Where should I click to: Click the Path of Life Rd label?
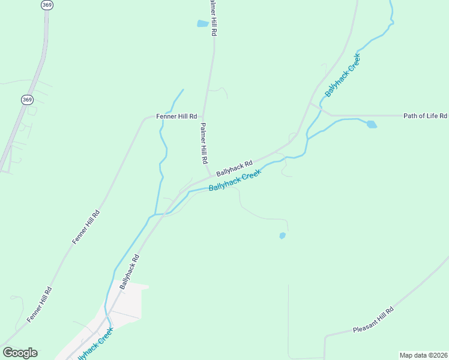pyautogui.click(x=425, y=115)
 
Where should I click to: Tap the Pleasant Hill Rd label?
pyautogui.click(x=373, y=321)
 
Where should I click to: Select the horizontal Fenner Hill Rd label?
pyautogui.click(x=176, y=116)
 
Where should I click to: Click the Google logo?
pyautogui.click(x=20, y=353)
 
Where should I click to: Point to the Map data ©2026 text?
pyautogui.click(x=423, y=355)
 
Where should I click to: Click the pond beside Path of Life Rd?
pyautogui.click(x=372, y=124)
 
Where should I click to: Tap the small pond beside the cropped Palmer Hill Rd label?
pyautogui.click(x=202, y=24)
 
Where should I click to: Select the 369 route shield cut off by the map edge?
pyautogui.click(x=47, y=4)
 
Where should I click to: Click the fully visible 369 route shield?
pyautogui.click(x=27, y=100)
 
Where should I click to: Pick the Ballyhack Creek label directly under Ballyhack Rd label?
pyautogui.click(x=235, y=180)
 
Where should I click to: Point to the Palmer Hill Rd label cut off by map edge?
pyautogui.click(x=212, y=18)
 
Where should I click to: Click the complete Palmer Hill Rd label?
pyautogui.click(x=203, y=144)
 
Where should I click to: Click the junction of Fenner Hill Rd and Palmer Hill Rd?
pyautogui.click(x=203, y=116)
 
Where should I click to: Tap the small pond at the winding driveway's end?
pyautogui.click(x=282, y=236)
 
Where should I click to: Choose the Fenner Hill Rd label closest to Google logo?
pyautogui.click(x=40, y=305)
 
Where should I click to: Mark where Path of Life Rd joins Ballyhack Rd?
pyautogui.click(x=310, y=104)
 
